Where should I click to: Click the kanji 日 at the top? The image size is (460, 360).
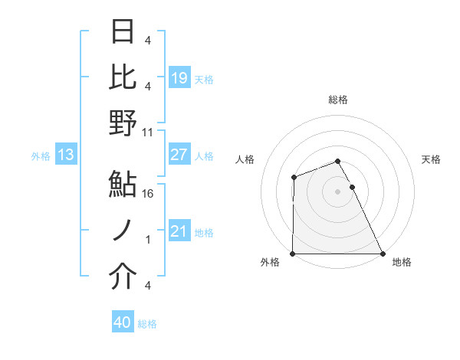(x=123, y=33)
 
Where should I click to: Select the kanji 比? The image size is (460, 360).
(x=123, y=77)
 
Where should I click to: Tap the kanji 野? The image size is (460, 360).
(x=123, y=123)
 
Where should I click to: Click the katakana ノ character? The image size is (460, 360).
(x=123, y=232)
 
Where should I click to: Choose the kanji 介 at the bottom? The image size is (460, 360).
(x=123, y=278)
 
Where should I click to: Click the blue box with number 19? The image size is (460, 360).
(x=179, y=78)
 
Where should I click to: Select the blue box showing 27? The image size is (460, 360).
(x=179, y=155)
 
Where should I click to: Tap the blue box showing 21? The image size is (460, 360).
(x=179, y=231)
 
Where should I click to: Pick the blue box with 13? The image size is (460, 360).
(x=66, y=155)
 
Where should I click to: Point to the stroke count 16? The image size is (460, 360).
(x=149, y=193)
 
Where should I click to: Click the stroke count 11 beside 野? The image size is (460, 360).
(x=148, y=132)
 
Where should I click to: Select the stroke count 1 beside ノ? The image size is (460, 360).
(x=149, y=240)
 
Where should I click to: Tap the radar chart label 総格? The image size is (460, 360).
(x=338, y=100)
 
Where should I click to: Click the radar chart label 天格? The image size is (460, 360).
(x=431, y=159)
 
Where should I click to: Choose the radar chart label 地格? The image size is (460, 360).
(x=402, y=263)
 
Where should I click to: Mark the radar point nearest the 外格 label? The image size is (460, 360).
(x=293, y=254)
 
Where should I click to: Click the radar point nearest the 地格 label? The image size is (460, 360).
(x=383, y=254)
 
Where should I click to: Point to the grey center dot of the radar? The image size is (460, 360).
(x=337, y=191)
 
